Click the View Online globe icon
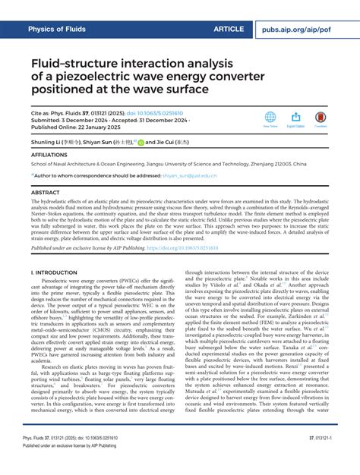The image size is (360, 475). (x=270, y=118)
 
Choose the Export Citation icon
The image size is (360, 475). (x=295, y=118)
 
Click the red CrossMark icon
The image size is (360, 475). (x=321, y=118)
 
